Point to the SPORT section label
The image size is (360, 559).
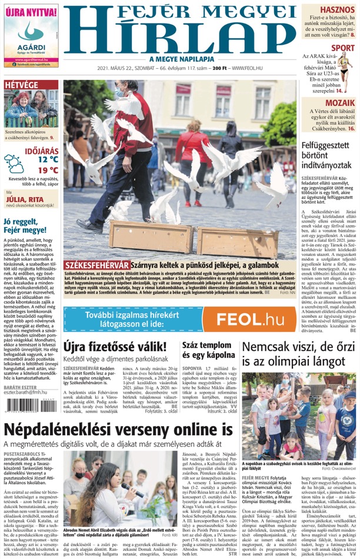coord(342,48)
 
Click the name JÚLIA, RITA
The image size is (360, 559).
coord(23,199)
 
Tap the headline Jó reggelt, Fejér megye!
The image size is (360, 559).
coord(29,225)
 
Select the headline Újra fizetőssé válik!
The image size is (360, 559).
coord(115,346)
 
